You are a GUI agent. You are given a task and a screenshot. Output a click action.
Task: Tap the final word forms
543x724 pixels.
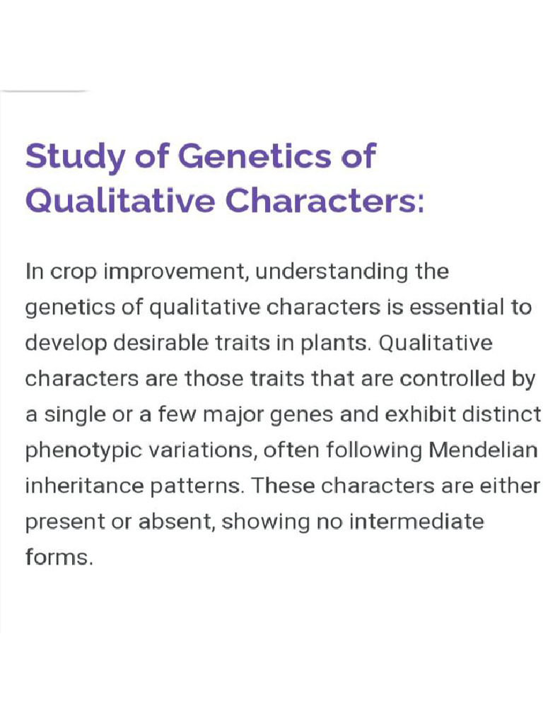tap(58, 558)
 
